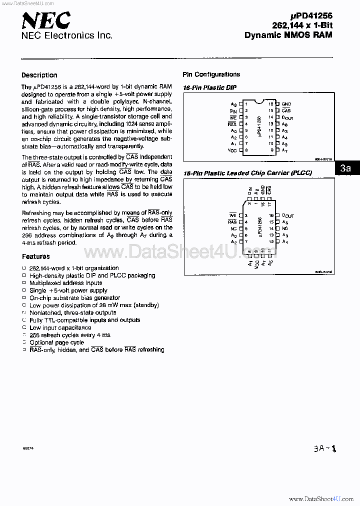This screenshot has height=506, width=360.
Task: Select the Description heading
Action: [x=39, y=75]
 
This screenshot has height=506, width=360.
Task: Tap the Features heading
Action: [x=35, y=256]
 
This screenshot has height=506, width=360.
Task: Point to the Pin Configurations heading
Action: [x=211, y=74]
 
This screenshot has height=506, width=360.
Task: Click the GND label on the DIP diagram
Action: [x=286, y=104]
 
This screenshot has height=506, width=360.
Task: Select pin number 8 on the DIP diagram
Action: [x=246, y=150]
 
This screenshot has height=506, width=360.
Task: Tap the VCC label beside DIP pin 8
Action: [x=232, y=150]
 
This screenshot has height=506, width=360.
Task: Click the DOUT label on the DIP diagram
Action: [x=287, y=117]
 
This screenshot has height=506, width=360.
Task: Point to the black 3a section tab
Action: [x=345, y=168]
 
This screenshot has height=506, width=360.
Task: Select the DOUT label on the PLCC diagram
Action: [x=287, y=215]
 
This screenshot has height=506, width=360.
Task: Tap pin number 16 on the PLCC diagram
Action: [x=271, y=215]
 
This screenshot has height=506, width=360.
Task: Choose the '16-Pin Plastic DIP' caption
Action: [x=209, y=87]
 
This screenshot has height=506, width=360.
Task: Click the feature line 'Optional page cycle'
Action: [x=56, y=342]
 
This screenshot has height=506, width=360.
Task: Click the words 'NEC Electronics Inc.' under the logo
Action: [x=66, y=35]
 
